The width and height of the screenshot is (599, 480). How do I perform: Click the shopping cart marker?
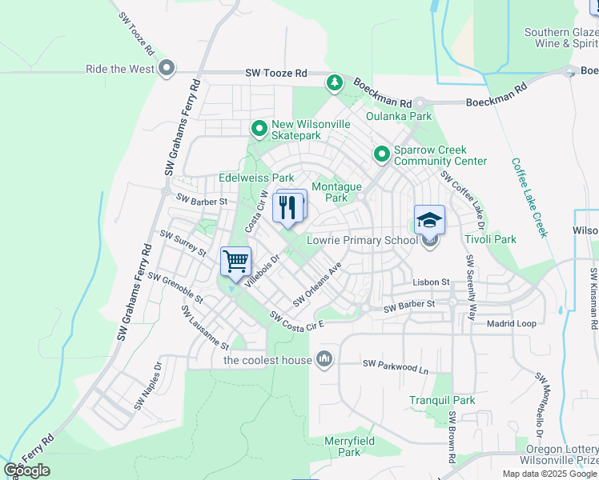click(235, 261)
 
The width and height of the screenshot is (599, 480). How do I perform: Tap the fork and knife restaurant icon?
click(288, 207)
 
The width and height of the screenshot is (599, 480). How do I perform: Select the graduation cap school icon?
click(429, 219)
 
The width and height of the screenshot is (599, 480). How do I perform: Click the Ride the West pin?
click(167, 69)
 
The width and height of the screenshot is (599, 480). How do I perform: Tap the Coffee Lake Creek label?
click(529, 197)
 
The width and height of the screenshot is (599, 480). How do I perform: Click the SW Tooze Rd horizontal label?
click(276, 74)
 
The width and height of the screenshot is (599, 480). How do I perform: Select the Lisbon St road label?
click(432, 282)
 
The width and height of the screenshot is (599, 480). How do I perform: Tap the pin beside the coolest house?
click(324, 359)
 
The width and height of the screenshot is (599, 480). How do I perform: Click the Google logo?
click(27, 470)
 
